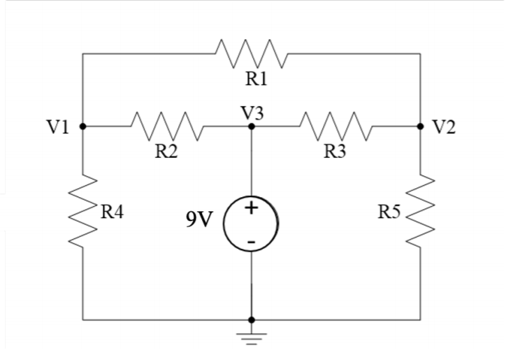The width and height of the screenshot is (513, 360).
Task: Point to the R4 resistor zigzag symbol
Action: [x=83, y=210]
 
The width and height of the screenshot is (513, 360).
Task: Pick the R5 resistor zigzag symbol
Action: [x=420, y=210]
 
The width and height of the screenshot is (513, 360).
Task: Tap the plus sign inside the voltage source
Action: [x=252, y=208]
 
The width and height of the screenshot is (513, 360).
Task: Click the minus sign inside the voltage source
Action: [x=252, y=242]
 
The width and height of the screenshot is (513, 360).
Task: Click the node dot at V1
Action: [x=83, y=127]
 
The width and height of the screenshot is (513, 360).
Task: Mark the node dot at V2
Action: [x=420, y=127]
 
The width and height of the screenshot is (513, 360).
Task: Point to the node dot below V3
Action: [x=252, y=127]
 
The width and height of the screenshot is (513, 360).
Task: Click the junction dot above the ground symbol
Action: [x=252, y=320]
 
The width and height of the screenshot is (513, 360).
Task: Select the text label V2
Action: [x=444, y=127]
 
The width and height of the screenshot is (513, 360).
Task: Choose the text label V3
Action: [x=252, y=112]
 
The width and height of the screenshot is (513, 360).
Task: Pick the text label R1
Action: [x=256, y=79]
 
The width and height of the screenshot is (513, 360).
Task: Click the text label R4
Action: [x=112, y=213]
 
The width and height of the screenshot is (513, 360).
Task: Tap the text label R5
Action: [x=390, y=213]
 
